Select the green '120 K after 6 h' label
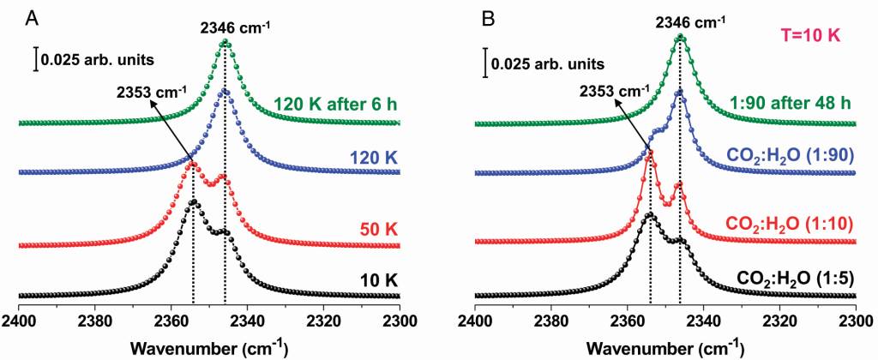click(x=335, y=106)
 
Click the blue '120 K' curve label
click(x=371, y=159)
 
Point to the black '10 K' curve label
click(x=373, y=280)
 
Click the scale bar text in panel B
click(x=545, y=63)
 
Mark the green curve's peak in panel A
click(x=226, y=42)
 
